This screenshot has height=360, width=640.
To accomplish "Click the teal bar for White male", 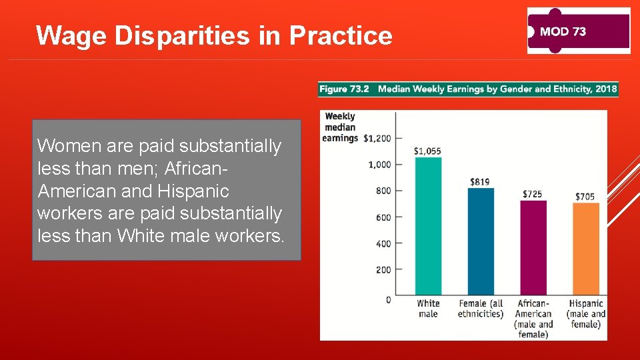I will coord(428,227).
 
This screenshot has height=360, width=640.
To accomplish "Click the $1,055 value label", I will coord(427,151).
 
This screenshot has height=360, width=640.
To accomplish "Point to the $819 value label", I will coord(480,181).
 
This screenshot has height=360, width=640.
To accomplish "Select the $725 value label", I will coord(532,194).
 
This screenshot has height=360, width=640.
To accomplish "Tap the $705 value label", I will coord(585,197).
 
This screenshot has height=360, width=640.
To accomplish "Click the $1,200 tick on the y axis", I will coord(378,138).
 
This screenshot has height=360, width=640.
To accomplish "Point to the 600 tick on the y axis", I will coord(383,217).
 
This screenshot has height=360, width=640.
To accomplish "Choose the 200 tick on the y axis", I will coord(383,270).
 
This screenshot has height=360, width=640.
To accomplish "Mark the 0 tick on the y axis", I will coord(388,300).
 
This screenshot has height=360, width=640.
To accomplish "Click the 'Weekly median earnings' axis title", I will coord(341,127).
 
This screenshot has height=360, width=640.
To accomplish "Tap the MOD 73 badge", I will coord(578,31).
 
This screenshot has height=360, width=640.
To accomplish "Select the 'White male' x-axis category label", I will coord(428,308).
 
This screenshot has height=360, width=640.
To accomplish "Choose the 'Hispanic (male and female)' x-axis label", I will coord(586,313).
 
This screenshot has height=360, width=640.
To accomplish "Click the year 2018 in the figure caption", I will coord(606,89).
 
